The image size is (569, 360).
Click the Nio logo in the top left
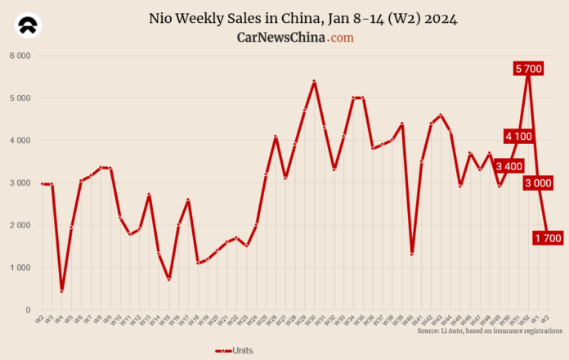[x=29, y=26]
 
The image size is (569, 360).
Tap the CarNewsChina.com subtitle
[x=295, y=38]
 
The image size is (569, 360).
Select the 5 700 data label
[x=529, y=69]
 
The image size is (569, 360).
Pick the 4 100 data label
[x=518, y=137]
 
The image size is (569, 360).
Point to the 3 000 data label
[x=538, y=182]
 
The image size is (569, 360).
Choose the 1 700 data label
[x=548, y=238]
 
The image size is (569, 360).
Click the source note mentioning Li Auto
[x=489, y=331]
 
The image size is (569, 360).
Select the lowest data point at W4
[x=61, y=291]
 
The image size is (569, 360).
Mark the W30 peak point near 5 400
[x=314, y=82]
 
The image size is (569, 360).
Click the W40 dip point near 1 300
[x=411, y=254]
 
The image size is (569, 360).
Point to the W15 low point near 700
[x=168, y=280]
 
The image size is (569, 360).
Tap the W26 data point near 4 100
[x=276, y=137]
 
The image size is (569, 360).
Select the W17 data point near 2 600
[x=188, y=200]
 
